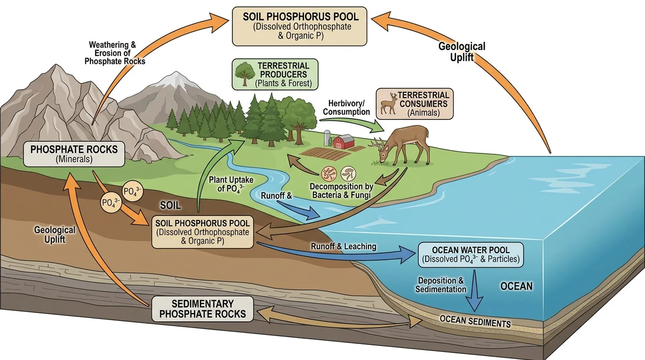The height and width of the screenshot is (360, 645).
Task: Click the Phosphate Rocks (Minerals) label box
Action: [x=74, y=154]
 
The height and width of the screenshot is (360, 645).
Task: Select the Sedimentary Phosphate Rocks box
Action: [x=202, y=309]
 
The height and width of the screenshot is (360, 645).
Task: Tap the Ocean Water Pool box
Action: [x=471, y=255]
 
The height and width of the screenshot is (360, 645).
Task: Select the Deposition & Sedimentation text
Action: [x=441, y=285]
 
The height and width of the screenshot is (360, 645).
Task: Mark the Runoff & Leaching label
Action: [x=344, y=247]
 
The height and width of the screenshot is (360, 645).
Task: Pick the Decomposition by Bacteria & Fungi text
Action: [x=342, y=190]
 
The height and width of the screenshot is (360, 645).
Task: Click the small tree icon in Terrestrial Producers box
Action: [x=243, y=74]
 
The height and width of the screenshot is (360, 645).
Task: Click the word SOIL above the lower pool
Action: [x=171, y=206]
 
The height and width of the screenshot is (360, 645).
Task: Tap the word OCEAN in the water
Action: [x=516, y=286]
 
